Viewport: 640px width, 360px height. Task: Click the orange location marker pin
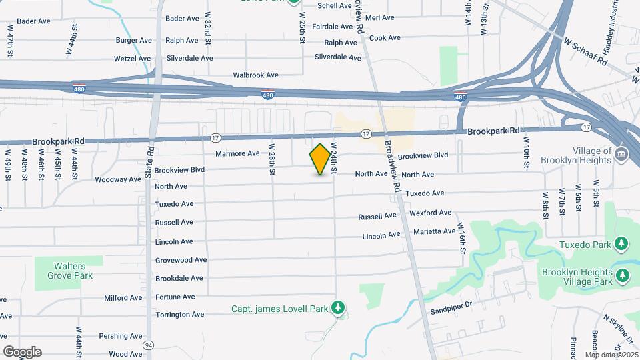[321, 160]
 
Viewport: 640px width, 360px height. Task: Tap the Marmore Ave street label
[237, 153]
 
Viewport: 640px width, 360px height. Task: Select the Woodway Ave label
[118, 179]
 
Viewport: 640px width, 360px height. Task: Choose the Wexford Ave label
[430, 213]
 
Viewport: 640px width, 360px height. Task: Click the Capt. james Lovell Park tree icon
[339, 307]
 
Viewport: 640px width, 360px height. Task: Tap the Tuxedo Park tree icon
[621, 244]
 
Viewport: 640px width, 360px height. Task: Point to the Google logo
[22, 351]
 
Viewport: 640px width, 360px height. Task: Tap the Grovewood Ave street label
[181, 260]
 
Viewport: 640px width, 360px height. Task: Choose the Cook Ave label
[383, 38]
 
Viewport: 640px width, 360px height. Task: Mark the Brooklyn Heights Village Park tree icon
[622, 275]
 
